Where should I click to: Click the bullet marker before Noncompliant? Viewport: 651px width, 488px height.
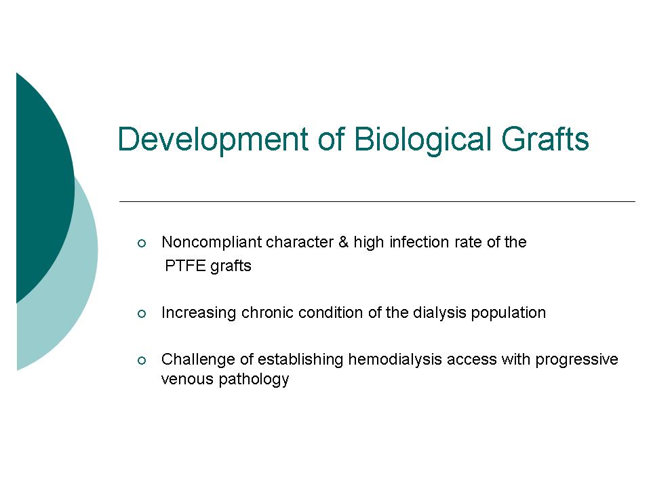coord(142,243)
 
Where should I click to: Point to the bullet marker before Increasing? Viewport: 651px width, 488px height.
coord(142,314)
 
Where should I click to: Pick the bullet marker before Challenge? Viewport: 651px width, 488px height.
coord(142,361)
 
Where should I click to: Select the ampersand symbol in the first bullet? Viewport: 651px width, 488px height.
coord(343,242)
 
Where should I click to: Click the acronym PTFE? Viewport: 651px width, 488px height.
coord(184,266)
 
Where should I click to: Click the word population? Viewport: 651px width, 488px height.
coord(508,313)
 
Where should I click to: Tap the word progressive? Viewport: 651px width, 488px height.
coord(576,360)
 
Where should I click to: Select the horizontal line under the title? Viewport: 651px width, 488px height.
coord(377,202)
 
